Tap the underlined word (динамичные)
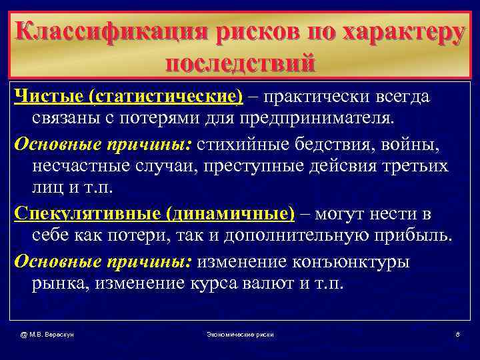click(230, 215)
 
